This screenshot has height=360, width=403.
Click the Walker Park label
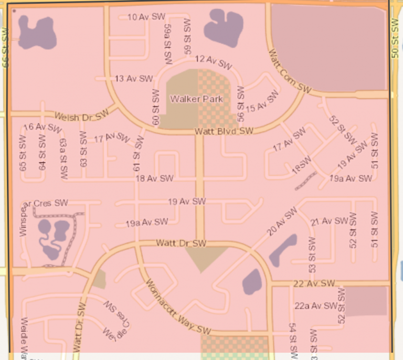(x=196, y=99)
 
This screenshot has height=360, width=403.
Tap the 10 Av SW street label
(x=146, y=17)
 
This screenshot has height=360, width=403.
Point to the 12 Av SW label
(x=213, y=62)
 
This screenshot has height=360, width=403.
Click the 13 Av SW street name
(x=133, y=79)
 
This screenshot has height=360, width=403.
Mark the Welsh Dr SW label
(x=81, y=115)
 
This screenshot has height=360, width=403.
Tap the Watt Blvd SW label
(x=224, y=131)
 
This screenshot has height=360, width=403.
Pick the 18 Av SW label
(x=154, y=178)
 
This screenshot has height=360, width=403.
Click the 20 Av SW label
(x=282, y=221)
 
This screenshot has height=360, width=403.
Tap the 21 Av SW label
(x=329, y=221)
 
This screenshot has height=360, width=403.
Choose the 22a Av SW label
(x=315, y=305)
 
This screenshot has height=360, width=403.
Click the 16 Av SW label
(x=43, y=127)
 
